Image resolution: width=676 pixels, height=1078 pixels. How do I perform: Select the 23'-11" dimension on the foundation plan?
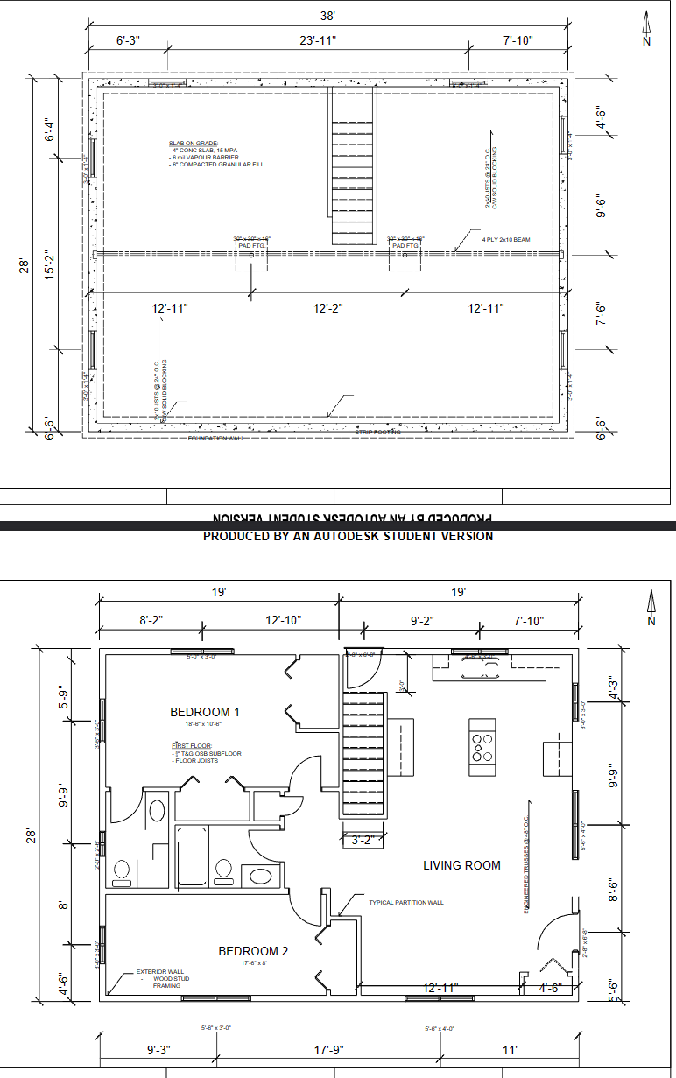tap(317, 40)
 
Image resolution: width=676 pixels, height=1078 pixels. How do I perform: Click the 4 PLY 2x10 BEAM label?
tap(505, 239)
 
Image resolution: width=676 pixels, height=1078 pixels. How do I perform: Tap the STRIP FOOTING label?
tap(377, 432)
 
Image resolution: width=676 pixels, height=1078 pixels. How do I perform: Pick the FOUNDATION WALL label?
tap(214, 438)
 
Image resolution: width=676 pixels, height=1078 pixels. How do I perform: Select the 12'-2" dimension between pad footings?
tap(327, 308)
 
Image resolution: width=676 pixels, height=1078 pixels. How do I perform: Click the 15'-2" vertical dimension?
tap(50, 266)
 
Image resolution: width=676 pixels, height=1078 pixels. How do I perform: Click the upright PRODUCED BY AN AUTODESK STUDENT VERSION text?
tap(348, 536)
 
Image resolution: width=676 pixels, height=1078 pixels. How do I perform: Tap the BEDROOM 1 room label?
tap(205, 712)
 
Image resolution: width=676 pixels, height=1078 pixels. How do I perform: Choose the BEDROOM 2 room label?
tap(253, 951)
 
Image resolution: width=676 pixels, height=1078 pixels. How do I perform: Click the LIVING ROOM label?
tap(461, 865)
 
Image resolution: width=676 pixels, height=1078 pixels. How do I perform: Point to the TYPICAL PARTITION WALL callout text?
tap(405, 903)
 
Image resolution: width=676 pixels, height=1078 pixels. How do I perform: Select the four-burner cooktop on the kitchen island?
tap(482, 746)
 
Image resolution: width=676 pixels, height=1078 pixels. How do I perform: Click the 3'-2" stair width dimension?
tap(362, 841)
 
